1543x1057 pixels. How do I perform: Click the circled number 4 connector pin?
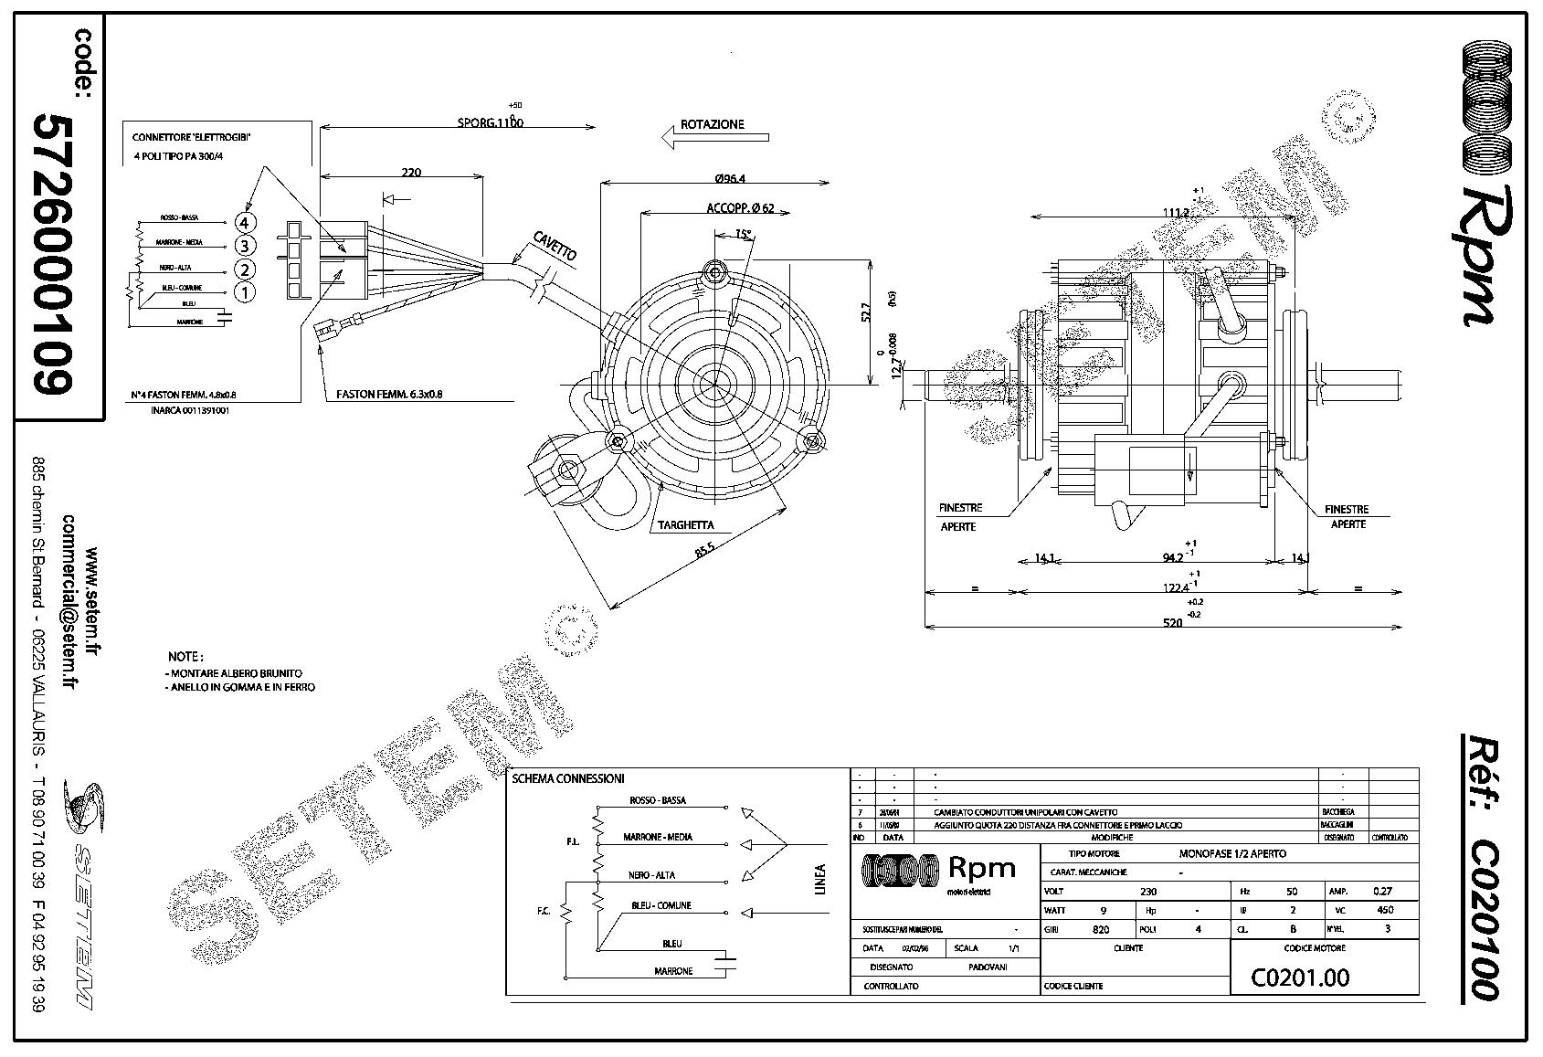(x=244, y=222)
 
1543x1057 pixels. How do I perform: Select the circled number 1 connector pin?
(x=244, y=292)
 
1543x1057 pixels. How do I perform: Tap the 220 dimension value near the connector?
(x=411, y=172)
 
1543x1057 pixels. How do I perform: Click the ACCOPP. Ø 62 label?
(x=740, y=208)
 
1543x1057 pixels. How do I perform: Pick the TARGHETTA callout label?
(x=685, y=525)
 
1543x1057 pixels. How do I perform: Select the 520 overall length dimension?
(x=1172, y=622)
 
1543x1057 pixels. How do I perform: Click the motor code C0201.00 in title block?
(x=1299, y=978)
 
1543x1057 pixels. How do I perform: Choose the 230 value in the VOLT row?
(x=1148, y=891)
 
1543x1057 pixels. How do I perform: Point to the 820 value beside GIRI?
(x=1101, y=929)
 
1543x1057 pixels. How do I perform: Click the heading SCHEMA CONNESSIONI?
(x=567, y=778)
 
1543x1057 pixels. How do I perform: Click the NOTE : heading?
(x=185, y=656)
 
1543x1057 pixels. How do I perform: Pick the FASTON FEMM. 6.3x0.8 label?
(x=389, y=395)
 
